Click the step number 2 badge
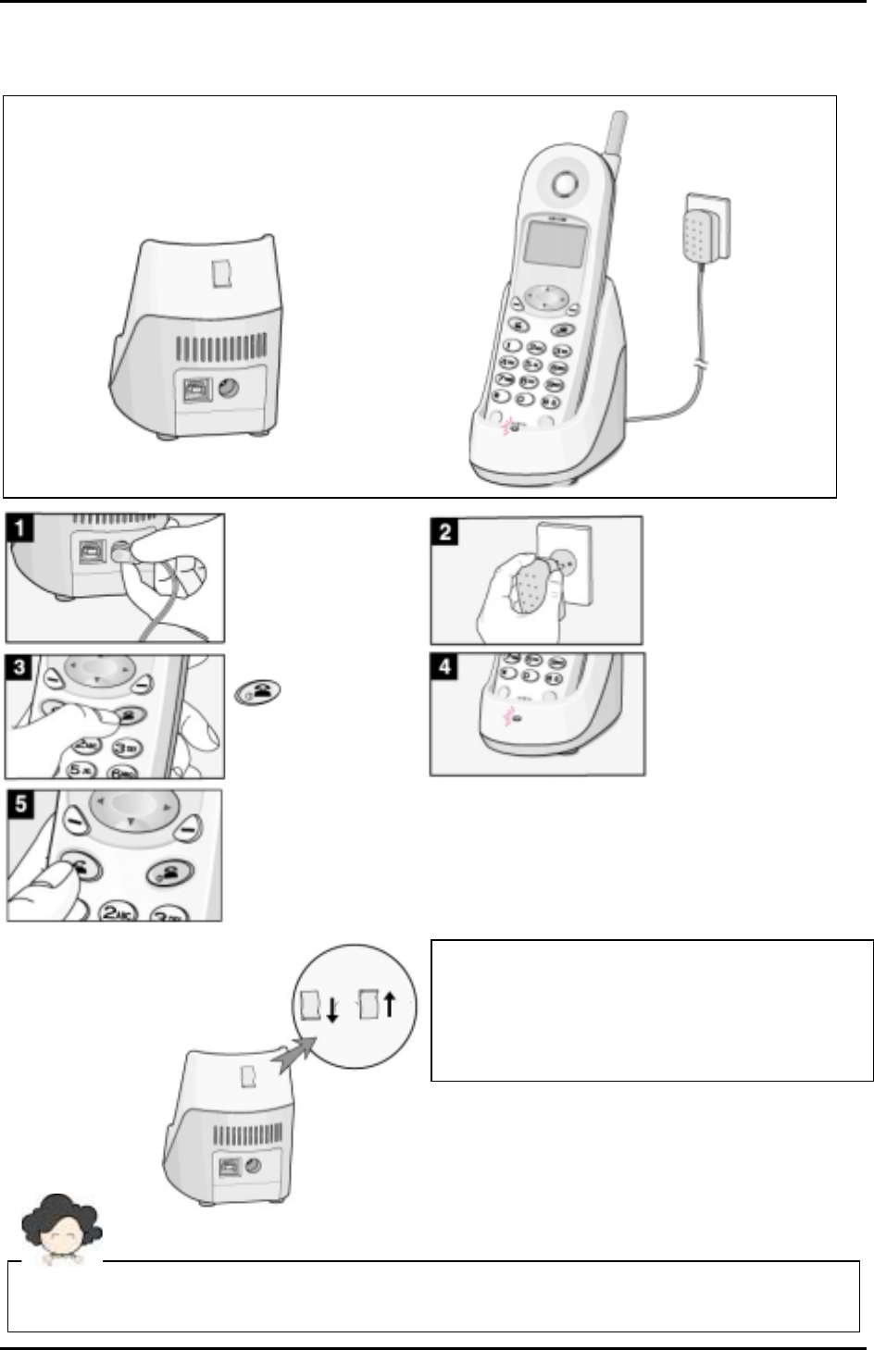point(445,533)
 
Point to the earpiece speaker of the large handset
point(563,185)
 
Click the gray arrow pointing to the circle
point(296,1055)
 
